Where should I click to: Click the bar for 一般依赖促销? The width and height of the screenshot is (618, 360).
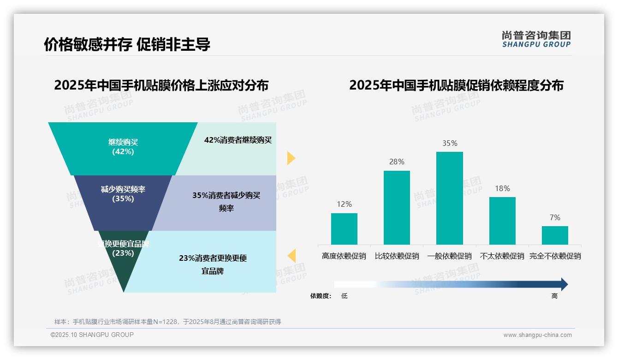[x=449, y=198]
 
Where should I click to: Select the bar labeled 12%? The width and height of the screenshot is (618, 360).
[x=344, y=228]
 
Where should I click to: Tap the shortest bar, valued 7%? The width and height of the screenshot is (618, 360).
[x=555, y=235]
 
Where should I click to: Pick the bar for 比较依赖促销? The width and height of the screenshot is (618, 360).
[x=397, y=207]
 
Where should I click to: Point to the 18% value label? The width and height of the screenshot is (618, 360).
[x=502, y=188]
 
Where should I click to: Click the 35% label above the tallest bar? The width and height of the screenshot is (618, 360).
[x=450, y=143]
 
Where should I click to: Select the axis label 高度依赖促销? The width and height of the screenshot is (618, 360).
[x=344, y=256]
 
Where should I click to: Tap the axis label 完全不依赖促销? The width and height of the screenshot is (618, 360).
[x=555, y=256]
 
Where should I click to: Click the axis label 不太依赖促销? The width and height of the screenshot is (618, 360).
[x=502, y=256]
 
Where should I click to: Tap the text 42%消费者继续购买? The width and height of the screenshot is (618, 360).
[x=238, y=140]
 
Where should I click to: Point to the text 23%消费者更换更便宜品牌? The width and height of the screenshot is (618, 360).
[x=213, y=264]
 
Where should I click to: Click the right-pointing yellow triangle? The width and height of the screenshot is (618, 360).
[x=291, y=158]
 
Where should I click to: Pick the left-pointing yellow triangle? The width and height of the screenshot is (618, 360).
[x=291, y=256]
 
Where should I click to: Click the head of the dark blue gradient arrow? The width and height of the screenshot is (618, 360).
[x=564, y=284]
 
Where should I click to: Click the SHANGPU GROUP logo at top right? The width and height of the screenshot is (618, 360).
[x=536, y=39]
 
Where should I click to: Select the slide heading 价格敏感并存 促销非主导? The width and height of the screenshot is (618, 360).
[x=127, y=44]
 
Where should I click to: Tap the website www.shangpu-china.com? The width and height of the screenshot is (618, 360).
[x=537, y=335]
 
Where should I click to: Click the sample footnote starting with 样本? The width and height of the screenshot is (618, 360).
[x=167, y=322]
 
